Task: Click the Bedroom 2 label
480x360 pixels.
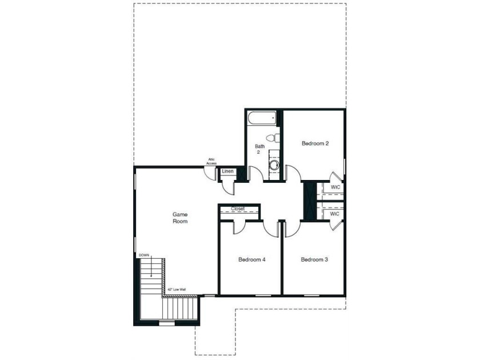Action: pos(315,143)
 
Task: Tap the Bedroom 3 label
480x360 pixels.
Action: pos(314,259)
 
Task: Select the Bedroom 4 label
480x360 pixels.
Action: pos(252,259)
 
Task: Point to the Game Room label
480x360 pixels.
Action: pos(180,218)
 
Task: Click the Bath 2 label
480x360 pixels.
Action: pos(259,149)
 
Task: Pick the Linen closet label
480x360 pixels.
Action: pos(228,171)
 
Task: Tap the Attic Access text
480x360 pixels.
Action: pos(211,161)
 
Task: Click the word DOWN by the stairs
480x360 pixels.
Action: pos(144,255)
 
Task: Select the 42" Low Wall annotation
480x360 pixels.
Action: pos(177,289)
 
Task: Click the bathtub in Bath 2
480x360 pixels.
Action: pos(262,118)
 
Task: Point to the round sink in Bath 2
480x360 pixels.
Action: pos(274,165)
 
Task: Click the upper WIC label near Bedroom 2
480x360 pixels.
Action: pos(335,187)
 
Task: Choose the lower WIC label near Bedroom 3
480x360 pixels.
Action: pos(335,214)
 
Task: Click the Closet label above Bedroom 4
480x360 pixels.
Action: pos(238,209)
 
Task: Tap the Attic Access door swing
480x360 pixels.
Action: pos(210,174)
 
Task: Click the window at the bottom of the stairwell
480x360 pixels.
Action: pos(167,323)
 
